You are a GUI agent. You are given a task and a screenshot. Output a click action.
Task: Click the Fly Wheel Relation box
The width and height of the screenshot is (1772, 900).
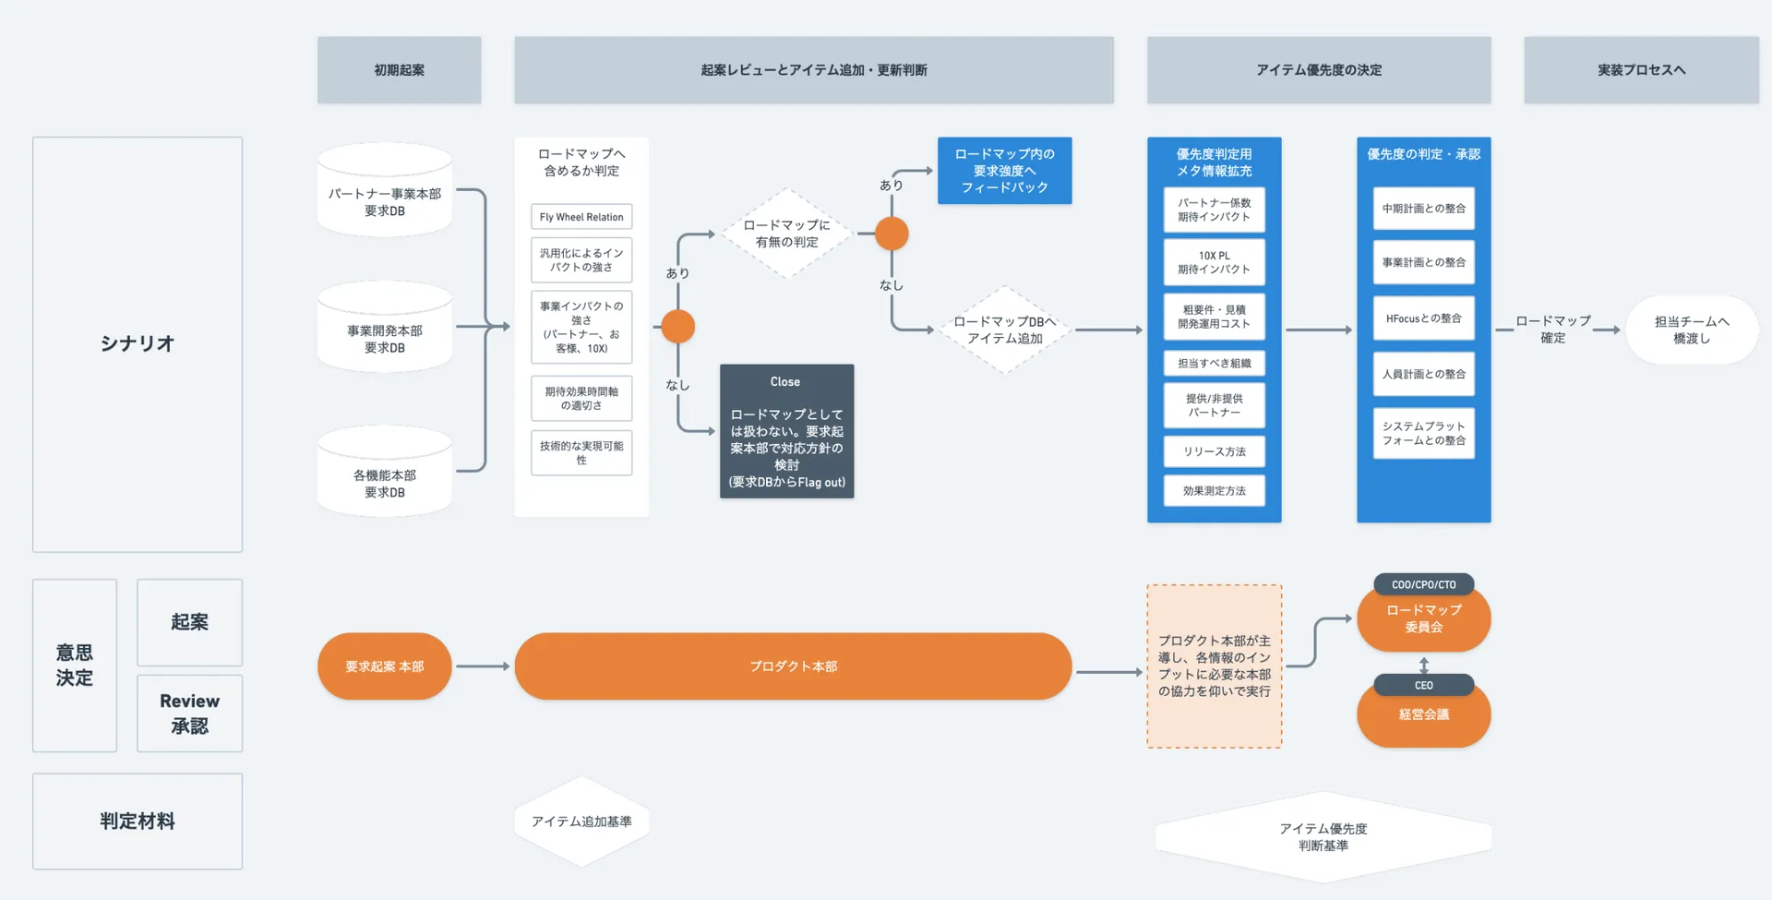(x=581, y=217)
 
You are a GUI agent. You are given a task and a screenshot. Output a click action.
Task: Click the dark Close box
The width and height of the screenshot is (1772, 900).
(x=786, y=431)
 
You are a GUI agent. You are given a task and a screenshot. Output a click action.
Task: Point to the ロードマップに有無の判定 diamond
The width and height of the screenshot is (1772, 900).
(x=786, y=234)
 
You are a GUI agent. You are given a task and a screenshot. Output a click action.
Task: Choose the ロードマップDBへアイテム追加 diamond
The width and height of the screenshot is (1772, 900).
(x=1004, y=330)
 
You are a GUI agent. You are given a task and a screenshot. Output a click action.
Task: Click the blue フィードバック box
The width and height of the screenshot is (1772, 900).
(x=1004, y=171)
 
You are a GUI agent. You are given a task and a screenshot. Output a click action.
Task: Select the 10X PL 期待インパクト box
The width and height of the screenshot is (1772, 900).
(x=1214, y=262)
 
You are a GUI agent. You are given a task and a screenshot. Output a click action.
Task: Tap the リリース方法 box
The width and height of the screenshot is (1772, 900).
(x=1214, y=451)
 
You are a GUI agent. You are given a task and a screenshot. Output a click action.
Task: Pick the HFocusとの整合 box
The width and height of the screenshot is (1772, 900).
(x=1423, y=318)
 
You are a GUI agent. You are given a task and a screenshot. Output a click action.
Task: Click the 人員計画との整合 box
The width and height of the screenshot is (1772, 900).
(x=1423, y=374)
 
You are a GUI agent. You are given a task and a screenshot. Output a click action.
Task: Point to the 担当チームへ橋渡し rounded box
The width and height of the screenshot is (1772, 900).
(x=1691, y=330)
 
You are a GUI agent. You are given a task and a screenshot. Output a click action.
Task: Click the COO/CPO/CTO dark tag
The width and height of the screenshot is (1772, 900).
(x=1423, y=584)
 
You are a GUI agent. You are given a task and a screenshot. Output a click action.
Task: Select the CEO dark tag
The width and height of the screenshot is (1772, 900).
(x=1423, y=685)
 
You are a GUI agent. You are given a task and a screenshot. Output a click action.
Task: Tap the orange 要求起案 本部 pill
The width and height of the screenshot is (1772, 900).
(x=385, y=666)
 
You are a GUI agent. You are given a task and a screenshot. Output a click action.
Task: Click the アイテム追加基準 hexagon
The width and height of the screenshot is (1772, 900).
(x=581, y=822)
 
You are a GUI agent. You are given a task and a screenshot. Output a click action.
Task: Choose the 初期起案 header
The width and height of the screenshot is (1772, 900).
(x=399, y=70)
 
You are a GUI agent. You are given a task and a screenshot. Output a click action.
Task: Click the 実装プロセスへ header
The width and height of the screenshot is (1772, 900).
(x=1641, y=70)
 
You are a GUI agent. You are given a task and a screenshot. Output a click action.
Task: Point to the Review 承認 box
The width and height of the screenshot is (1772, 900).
(x=189, y=714)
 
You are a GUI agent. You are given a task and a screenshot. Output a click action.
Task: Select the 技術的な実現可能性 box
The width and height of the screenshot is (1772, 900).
(x=581, y=452)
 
